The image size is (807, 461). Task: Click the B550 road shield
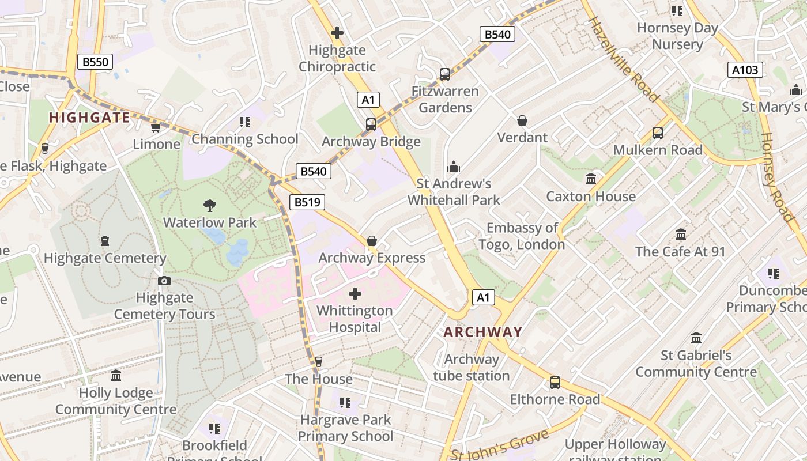(95, 62)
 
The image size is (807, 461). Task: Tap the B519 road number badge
(307, 202)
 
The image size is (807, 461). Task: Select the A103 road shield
(745, 70)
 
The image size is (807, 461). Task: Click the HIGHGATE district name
(89, 118)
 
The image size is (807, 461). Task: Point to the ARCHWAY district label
(483, 332)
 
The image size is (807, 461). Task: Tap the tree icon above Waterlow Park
(210, 205)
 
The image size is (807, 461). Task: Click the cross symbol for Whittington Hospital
(355, 294)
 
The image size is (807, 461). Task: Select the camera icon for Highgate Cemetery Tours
(164, 281)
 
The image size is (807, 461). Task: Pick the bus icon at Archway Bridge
(371, 124)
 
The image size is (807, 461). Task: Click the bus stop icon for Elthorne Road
(555, 382)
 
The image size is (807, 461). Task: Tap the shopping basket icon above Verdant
(522, 120)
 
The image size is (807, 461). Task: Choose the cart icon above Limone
(156, 127)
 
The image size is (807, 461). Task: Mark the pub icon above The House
(319, 362)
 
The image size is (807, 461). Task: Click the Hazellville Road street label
(623, 59)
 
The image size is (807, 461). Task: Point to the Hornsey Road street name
(777, 176)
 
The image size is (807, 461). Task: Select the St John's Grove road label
(499, 447)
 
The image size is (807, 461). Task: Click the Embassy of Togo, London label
(522, 236)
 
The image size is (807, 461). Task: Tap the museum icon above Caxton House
(591, 179)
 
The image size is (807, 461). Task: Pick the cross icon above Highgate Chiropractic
(337, 33)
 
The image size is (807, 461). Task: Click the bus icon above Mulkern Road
(658, 133)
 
